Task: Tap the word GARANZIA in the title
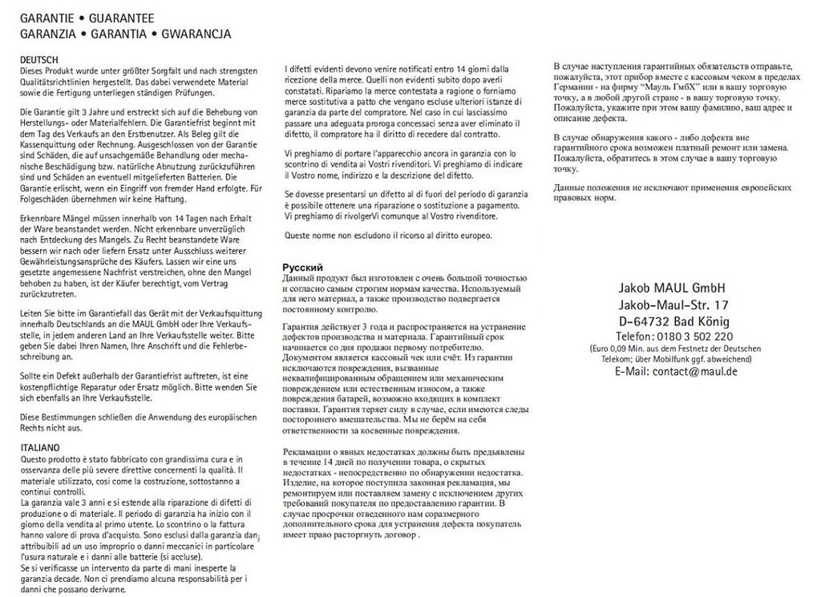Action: click(x=47, y=34)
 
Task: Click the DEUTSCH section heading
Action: click(x=39, y=60)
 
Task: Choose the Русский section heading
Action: click(x=303, y=267)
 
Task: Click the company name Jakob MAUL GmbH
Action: click(x=672, y=288)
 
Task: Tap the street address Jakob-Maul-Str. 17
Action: click(x=673, y=305)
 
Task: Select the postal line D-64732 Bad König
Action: click(x=673, y=321)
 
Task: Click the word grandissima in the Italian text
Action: click(x=149, y=458)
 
